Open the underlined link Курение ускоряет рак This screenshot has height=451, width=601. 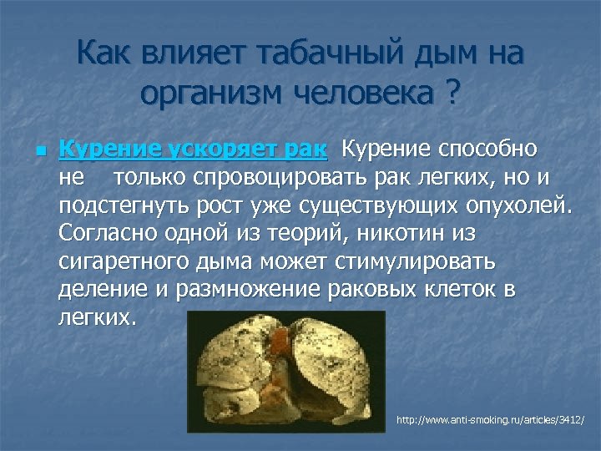(194, 149)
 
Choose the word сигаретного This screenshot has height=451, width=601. (120, 262)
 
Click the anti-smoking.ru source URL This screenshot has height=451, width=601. (490, 418)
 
